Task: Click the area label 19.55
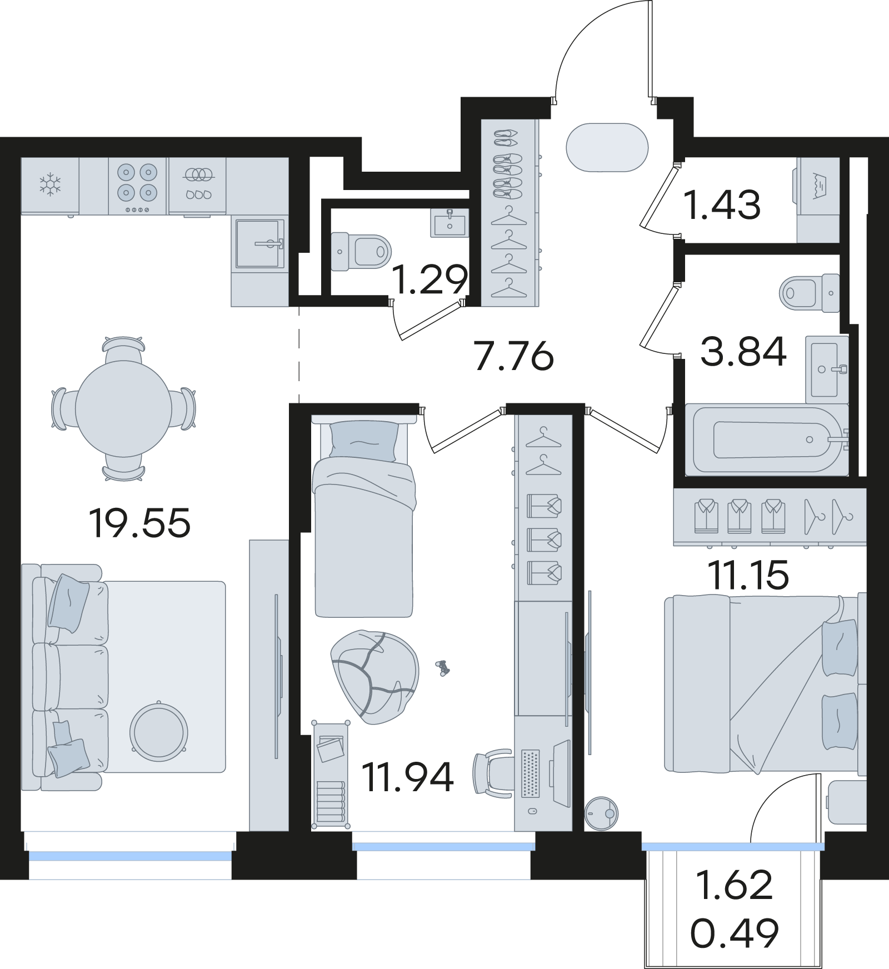pos(139,523)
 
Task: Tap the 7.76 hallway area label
pos(514,356)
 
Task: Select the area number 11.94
pos(408,777)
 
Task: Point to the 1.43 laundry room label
pos(722,204)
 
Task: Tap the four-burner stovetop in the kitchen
pos(137,186)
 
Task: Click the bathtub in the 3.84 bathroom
pos(767,439)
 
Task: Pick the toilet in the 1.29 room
pos(361,252)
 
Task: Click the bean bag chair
pos(374,676)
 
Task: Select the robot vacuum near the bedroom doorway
pos(601,813)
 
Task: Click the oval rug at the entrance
pos(607,148)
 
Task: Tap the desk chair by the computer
pos(492,773)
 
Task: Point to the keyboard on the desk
pos(531,773)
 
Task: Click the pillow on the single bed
pos(364,441)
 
